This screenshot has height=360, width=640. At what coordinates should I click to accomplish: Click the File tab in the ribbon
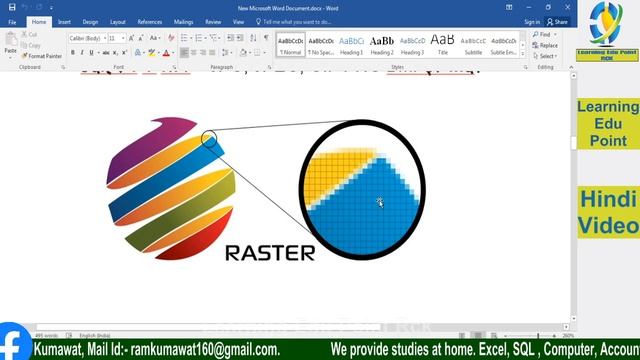(x=12, y=21)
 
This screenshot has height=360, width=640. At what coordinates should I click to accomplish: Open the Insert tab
(x=64, y=21)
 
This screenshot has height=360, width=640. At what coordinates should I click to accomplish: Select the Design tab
(x=90, y=21)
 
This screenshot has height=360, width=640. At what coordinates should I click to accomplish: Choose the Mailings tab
(x=184, y=21)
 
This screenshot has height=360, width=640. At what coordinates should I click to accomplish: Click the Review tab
(x=213, y=21)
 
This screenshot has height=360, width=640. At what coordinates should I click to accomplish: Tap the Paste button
(x=10, y=44)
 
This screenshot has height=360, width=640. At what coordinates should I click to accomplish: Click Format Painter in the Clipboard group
(x=43, y=56)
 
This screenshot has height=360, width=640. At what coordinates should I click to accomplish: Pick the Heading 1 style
(x=351, y=44)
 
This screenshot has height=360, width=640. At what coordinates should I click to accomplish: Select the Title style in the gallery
(x=442, y=44)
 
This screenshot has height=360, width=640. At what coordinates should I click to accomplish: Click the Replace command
(x=546, y=45)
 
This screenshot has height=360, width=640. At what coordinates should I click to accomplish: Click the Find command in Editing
(x=543, y=34)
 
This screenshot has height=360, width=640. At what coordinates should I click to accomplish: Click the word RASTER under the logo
(x=270, y=252)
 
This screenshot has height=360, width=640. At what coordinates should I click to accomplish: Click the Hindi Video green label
(x=607, y=211)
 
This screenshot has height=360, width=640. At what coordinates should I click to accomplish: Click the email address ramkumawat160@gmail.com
(x=205, y=350)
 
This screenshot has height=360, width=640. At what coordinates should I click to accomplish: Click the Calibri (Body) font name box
(x=84, y=38)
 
